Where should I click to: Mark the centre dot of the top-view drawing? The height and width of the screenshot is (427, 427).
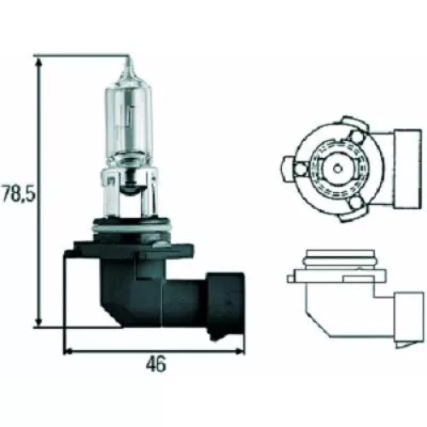(338, 161)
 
